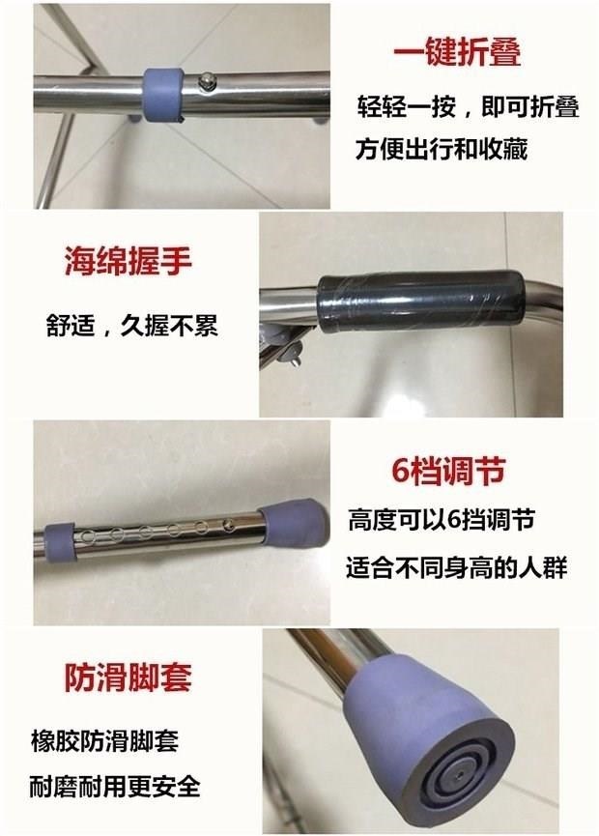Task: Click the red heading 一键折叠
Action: (457, 51)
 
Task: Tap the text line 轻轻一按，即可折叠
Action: (468, 106)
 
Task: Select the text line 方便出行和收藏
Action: (442, 149)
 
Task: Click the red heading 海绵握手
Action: (128, 261)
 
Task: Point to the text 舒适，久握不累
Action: (132, 326)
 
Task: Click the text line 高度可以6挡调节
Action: (442, 520)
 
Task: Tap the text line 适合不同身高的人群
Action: (457, 567)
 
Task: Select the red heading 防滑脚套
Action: (128, 677)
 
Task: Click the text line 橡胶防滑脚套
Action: (104, 740)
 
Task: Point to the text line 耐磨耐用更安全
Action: (115, 787)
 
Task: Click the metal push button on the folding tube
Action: (205, 81)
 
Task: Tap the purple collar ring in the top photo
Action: (162, 94)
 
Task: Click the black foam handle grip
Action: (421, 302)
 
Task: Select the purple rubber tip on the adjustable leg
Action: (294, 523)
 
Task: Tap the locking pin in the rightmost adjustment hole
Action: (229, 525)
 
